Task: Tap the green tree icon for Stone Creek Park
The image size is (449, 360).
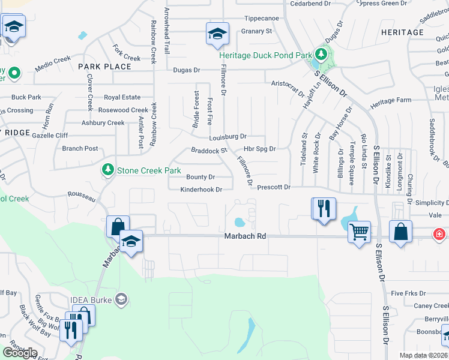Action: (x=108, y=170)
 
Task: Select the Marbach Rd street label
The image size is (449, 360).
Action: (x=245, y=237)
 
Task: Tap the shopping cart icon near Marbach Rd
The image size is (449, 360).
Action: (x=359, y=231)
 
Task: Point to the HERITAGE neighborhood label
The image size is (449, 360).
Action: (x=402, y=32)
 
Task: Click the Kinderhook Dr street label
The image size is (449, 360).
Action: (x=202, y=190)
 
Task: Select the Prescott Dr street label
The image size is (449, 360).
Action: (x=274, y=188)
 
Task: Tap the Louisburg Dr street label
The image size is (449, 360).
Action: (x=228, y=137)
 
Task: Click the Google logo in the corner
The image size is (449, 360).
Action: (x=20, y=353)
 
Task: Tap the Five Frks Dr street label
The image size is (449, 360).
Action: (x=408, y=293)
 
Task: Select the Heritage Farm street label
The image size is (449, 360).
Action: (x=391, y=101)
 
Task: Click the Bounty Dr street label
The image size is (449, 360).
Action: (x=200, y=177)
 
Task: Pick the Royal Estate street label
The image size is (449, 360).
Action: (x=122, y=97)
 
